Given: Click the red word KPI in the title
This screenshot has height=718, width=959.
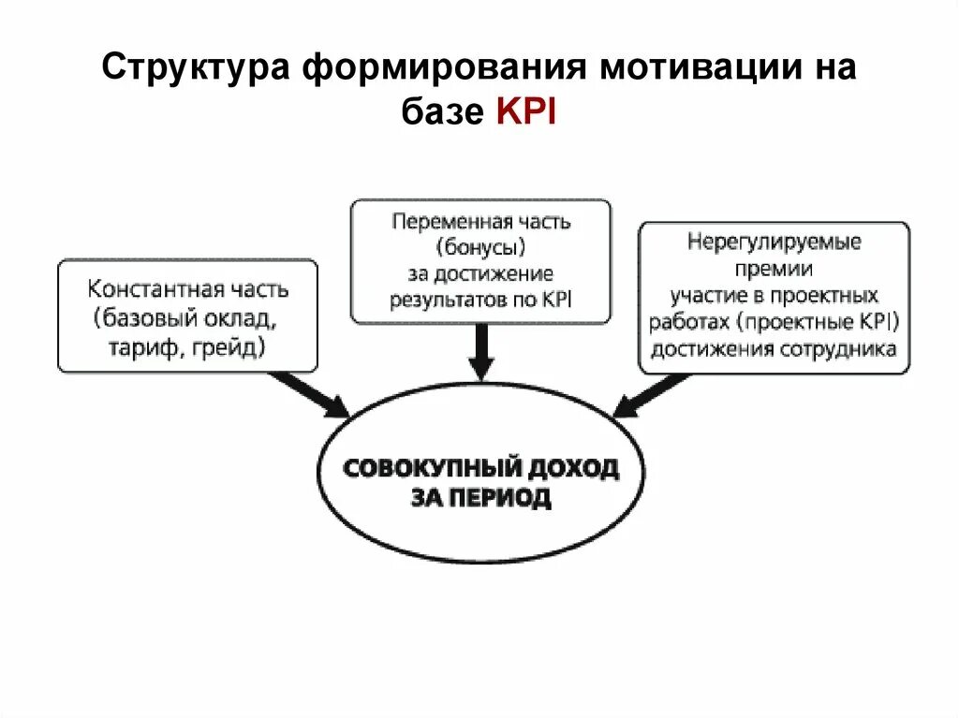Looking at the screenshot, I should pos(524,111).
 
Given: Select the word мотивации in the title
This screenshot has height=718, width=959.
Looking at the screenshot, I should pos(692,70).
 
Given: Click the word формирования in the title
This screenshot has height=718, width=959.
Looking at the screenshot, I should pos(439,70).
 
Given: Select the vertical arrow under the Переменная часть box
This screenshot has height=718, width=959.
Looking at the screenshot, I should pos(479,351).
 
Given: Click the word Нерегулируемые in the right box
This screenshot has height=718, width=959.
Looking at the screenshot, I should pos(774,242).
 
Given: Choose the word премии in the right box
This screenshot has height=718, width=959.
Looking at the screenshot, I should pos(774,269).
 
